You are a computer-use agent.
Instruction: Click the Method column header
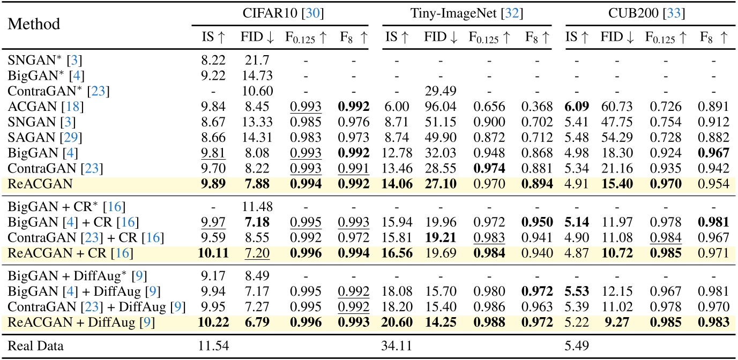[x=34, y=25]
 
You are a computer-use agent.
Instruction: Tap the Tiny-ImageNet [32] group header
[x=465, y=12]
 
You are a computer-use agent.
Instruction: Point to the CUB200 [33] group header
[x=647, y=12]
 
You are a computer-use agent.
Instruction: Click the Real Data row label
[x=35, y=346]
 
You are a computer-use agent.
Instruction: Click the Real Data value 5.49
[x=577, y=346]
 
